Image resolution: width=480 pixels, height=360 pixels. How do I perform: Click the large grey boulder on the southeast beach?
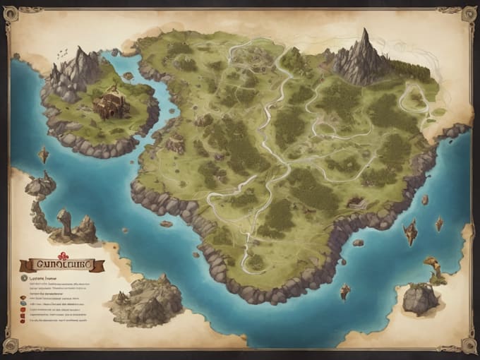421,299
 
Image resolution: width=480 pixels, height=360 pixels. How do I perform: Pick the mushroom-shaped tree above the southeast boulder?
431,264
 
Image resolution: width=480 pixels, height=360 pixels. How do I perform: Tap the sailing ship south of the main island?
345,290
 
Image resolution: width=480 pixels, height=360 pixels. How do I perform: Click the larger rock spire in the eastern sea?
410,232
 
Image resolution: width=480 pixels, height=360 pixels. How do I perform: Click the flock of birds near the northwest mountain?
62,52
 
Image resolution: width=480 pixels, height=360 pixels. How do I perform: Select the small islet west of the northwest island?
44,155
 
